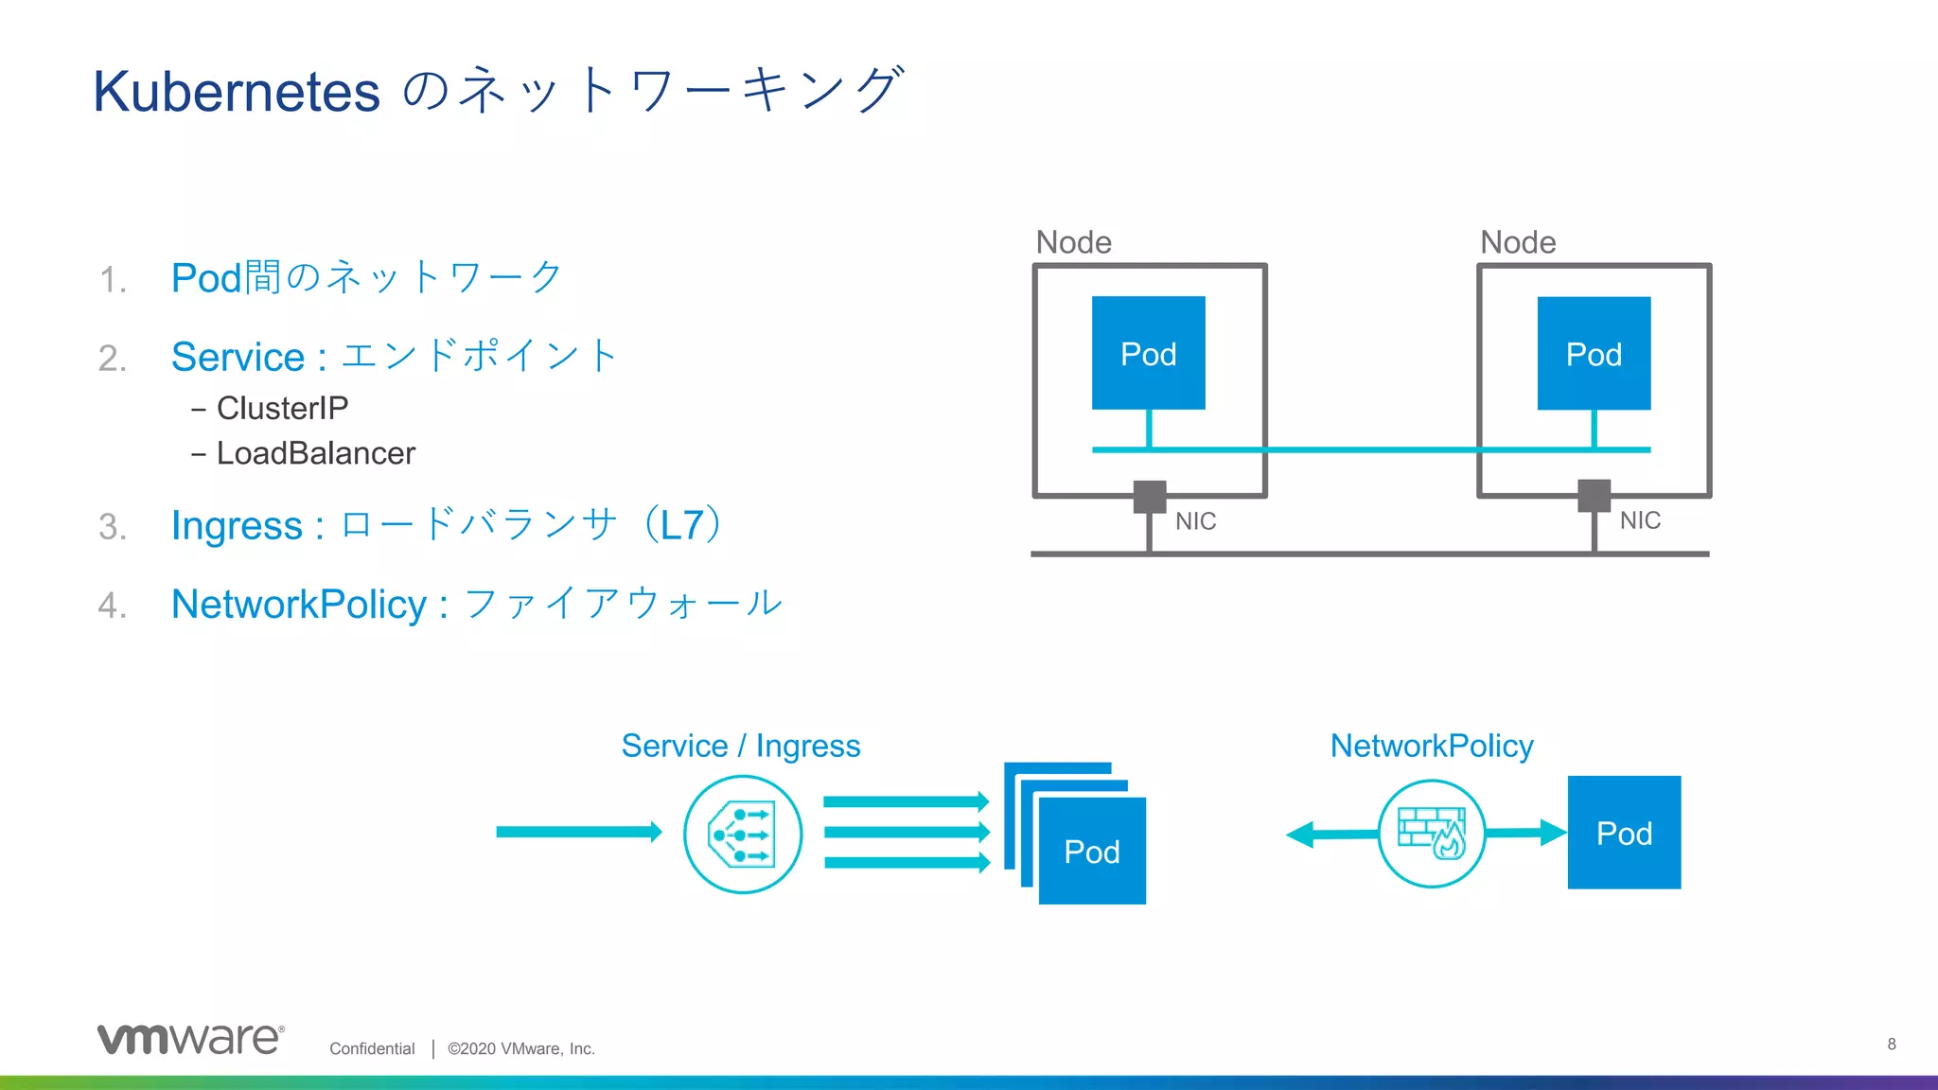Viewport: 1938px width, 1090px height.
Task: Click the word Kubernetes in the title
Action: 237,93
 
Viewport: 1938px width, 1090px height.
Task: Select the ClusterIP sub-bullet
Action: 281,409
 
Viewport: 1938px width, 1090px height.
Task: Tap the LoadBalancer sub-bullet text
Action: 315,454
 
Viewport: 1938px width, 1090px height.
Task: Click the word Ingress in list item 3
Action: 237,526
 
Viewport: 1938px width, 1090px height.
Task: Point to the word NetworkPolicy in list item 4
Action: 299,605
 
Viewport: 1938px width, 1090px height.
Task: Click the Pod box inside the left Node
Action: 1148,353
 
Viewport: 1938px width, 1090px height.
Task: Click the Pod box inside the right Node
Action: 1594,353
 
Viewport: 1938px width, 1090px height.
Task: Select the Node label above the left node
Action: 1073,242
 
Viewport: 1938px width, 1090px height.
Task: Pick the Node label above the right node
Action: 1518,242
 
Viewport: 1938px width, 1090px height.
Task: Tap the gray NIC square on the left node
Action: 1150,496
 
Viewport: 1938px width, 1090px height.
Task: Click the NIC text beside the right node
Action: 1640,520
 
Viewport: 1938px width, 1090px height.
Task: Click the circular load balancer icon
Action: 743,834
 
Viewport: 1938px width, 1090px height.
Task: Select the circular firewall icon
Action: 1432,834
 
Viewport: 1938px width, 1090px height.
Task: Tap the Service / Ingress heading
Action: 740,746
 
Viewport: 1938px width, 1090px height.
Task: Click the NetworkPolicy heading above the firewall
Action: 1431,746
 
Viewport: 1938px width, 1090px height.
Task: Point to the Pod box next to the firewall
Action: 1624,833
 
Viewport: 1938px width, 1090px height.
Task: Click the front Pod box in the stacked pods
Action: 1092,852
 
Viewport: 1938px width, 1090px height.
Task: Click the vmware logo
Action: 190,1039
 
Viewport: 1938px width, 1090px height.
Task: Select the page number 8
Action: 1891,1044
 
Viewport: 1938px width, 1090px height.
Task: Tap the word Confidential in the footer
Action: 372,1048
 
